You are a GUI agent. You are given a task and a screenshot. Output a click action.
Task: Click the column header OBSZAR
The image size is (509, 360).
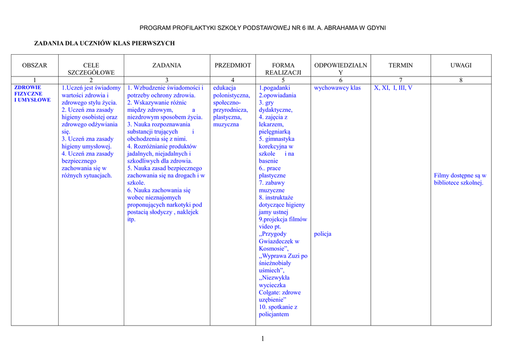pyautogui.click(x=35, y=65)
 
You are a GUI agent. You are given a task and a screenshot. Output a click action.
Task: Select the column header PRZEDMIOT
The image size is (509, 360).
pyautogui.click(x=233, y=65)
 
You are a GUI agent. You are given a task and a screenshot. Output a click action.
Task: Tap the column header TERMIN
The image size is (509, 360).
pyautogui.click(x=400, y=65)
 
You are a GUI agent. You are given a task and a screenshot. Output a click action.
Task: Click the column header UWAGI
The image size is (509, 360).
pyautogui.click(x=461, y=65)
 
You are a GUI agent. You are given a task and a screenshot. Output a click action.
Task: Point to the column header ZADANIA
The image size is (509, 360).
pyautogui.click(x=167, y=65)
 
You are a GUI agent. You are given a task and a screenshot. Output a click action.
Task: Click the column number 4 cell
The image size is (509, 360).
pyautogui.click(x=233, y=80)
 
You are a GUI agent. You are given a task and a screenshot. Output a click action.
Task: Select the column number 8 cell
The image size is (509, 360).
pyautogui.click(x=461, y=80)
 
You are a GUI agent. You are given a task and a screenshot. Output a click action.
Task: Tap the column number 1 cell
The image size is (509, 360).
pyautogui.click(x=35, y=80)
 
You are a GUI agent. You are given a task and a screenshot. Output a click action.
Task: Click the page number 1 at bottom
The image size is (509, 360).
pyautogui.click(x=262, y=339)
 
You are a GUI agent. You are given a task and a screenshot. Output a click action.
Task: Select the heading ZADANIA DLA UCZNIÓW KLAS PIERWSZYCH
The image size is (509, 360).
pyautogui.click(x=104, y=44)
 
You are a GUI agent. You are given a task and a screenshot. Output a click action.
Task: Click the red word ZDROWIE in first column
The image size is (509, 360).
pyautogui.click(x=28, y=88)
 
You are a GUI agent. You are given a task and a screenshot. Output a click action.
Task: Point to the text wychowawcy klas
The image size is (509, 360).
pyautogui.click(x=338, y=88)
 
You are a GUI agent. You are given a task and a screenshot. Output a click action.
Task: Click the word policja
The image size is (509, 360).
pyautogui.click(x=323, y=234)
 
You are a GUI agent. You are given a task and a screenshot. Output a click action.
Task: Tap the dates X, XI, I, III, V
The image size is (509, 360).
pyautogui.click(x=393, y=88)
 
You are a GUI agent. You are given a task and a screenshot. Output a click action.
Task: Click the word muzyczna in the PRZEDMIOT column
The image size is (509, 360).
pyautogui.click(x=226, y=124)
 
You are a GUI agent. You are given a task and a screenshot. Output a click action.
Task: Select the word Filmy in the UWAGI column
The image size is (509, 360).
pyautogui.click(x=442, y=176)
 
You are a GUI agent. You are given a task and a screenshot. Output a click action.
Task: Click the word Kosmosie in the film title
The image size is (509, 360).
pyautogui.click(x=272, y=249)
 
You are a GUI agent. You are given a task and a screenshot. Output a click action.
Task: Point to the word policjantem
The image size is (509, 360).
pyautogui.click(x=273, y=314)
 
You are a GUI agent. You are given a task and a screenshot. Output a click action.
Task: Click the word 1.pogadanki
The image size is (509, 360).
pyautogui.click(x=274, y=88)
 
